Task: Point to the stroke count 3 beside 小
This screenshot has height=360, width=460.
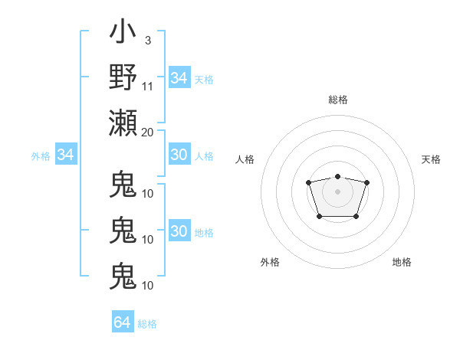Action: (147, 40)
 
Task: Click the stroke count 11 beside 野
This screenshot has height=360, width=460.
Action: (148, 85)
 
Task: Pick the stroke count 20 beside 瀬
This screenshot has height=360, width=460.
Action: (148, 131)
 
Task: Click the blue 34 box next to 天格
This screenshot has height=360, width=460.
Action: (179, 78)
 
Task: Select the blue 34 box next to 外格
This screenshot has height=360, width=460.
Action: (65, 155)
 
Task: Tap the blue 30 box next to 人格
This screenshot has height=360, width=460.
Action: (179, 155)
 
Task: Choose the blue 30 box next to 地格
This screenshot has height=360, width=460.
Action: (179, 232)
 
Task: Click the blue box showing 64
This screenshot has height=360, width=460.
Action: (122, 322)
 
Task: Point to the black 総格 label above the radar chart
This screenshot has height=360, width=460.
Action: (337, 100)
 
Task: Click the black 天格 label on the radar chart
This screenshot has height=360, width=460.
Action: (431, 159)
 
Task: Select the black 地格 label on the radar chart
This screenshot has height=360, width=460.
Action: (402, 262)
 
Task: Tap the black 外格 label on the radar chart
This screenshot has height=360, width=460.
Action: (270, 262)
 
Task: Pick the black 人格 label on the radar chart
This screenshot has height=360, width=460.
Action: (245, 159)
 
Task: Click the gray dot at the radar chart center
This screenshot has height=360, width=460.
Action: (337, 190)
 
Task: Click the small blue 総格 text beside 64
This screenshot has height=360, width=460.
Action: (147, 324)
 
